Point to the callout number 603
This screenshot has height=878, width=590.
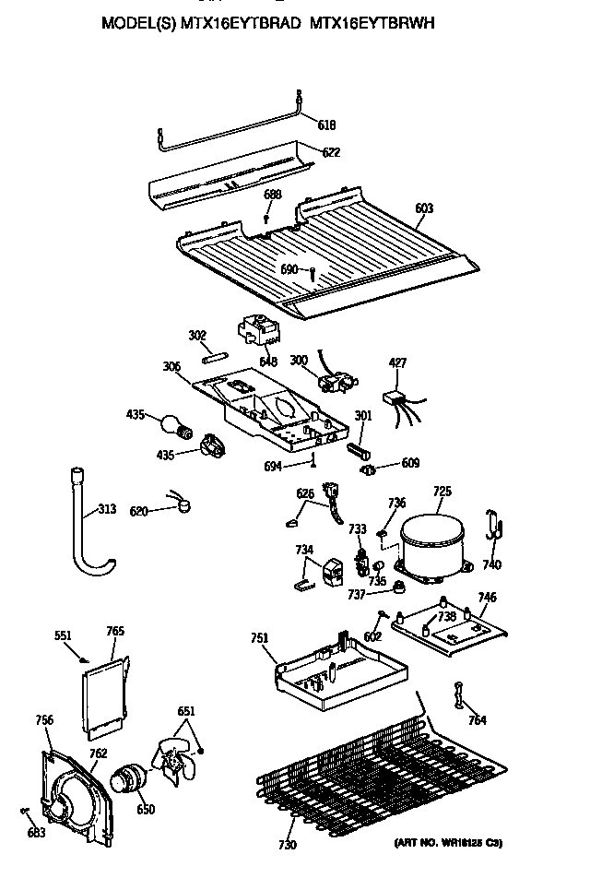[423, 209]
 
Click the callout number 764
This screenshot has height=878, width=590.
[477, 720]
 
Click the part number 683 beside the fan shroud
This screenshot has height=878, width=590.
[35, 834]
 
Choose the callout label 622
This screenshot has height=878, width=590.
[330, 153]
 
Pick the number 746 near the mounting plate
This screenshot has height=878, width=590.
[488, 597]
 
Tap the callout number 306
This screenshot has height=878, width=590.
[171, 366]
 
